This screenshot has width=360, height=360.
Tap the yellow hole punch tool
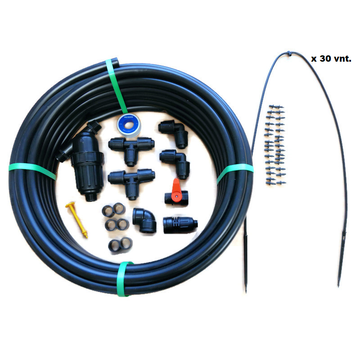click(76, 219)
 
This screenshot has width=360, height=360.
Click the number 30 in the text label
click(325, 58)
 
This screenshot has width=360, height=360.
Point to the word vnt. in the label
click(342, 59)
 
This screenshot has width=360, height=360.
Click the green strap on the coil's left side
click(32, 171)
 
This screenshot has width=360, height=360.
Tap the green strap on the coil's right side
click(234, 172)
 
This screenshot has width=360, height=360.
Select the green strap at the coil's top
click(116, 86)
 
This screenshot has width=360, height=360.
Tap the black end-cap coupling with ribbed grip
click(180, 225)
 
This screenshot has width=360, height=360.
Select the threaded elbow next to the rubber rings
click(144, 220)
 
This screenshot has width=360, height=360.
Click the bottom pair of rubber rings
click(120, 245)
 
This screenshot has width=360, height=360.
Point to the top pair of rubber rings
click(114, 209)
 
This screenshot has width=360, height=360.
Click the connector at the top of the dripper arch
click(289, 54)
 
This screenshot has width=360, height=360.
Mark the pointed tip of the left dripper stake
click(246, 292)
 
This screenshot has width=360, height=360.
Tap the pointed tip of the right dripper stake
click(338, 286)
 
